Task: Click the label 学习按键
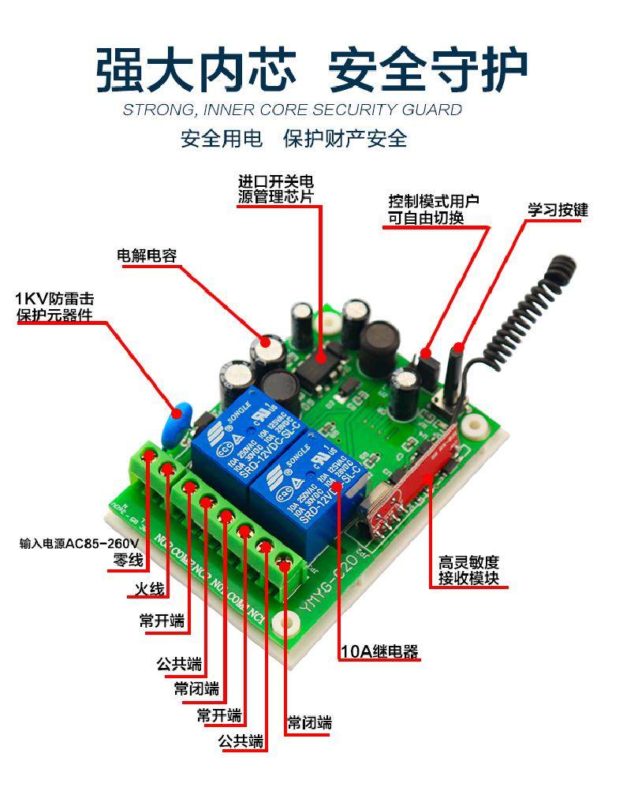tap(558, 211)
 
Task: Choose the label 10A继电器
tap(379, 652)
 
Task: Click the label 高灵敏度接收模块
tap(469, 573)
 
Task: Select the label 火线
tap(147, 589)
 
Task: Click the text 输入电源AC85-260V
tap(79, 544)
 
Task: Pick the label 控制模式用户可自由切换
tap(434, 210)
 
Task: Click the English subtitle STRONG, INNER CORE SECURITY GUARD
tap(292, 110)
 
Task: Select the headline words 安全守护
tap(427, 69)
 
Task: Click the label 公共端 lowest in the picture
tap(242, 741)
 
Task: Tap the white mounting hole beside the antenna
tap(475, 428)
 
